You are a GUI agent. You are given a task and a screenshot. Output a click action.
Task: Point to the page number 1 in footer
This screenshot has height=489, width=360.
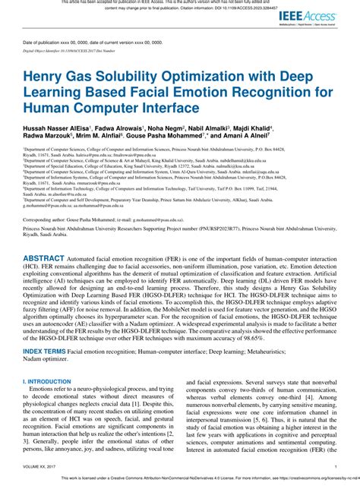point(336,467)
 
